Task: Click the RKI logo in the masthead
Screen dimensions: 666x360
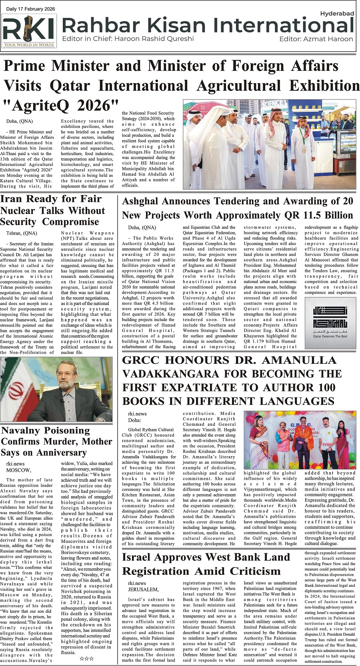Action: coord(29,31)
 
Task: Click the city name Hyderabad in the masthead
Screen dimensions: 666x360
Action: coord(337,14)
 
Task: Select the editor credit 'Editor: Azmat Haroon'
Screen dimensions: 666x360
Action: coord(316,39)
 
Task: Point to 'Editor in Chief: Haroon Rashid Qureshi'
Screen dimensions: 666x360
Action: coord(128,39)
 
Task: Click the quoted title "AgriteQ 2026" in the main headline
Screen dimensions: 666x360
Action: coord(61,106)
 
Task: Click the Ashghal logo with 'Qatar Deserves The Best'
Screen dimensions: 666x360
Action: coord(330,319)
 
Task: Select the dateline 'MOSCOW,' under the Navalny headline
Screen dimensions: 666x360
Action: coord(18,470)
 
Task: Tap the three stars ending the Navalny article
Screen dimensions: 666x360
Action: coord(87,658)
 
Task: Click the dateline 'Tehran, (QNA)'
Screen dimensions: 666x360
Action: coord(22,233)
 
